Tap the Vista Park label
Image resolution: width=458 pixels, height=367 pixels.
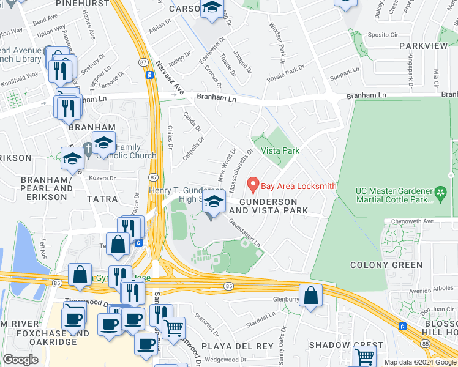tap(280, 150)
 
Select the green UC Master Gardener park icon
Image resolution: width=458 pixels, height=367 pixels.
tap(440, 195)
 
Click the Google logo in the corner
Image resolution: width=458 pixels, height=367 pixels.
tap(20, 360)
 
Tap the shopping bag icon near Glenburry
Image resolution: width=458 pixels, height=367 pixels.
tap(311, 295)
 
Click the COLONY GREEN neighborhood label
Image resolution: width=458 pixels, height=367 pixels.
tap(386, 265)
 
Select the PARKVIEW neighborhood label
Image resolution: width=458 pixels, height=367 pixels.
tap(423, 46)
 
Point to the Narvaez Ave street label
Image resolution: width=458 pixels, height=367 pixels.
tap(170, 77)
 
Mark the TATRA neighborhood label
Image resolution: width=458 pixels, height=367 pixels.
tap(101, 199)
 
